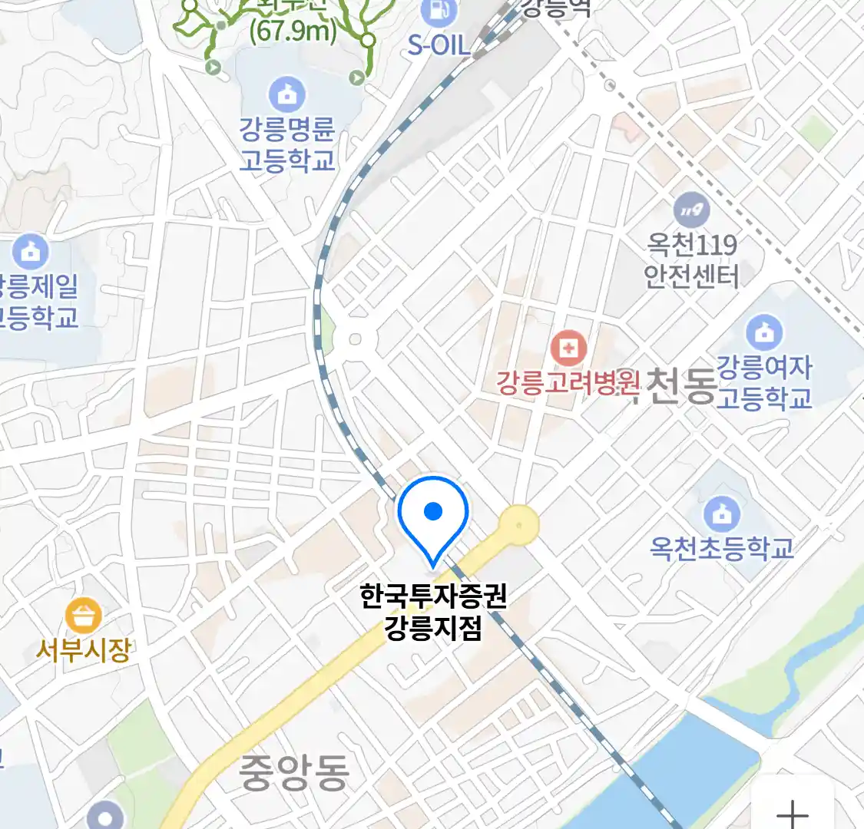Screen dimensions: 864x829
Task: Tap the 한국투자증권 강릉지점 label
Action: tap(434, 613)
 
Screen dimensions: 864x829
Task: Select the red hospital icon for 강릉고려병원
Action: tap(569, 349)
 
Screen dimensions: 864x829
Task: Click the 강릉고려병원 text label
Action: tap(568, 382)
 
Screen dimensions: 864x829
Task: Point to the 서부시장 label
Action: tap(84, 651)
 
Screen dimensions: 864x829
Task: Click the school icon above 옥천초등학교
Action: tap(722, 514)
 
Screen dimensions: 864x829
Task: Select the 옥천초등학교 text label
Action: tap(722, 548)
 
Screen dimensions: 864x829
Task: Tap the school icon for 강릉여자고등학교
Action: tap(764, 332)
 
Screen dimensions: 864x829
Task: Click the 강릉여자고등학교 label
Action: tap(764, 382)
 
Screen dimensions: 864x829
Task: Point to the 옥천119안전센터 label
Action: tap(691, 260)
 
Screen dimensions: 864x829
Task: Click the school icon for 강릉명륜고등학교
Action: tap(287, 95)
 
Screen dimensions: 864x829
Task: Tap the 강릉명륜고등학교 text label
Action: tap(287, 144)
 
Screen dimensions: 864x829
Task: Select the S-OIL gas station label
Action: tap(439, 45)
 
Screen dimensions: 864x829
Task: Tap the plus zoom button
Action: tap(793, 812)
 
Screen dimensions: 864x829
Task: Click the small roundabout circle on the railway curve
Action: tap(355, 339)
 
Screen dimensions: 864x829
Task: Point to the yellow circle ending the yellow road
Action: tap(519, 525)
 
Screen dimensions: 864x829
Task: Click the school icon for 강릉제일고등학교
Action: tap(31, 252)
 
